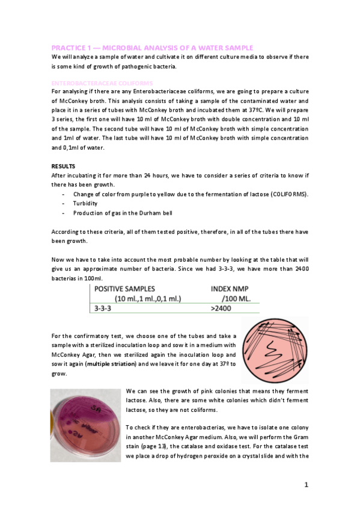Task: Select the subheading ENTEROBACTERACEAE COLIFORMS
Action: (102, 82)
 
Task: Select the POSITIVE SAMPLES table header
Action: (124, 289)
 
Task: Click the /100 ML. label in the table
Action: (235, 299)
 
